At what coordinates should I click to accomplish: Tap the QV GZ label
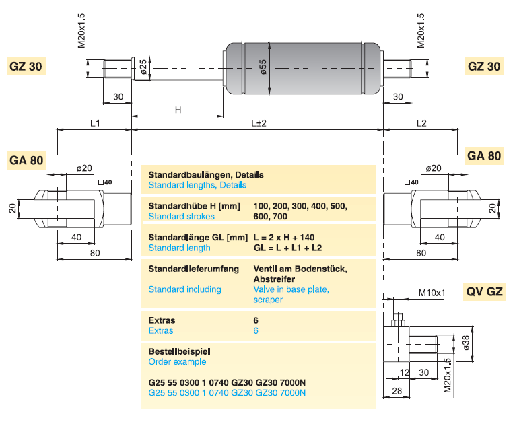(x=484, y=292)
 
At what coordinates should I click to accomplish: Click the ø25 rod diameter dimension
(x=143, y=66)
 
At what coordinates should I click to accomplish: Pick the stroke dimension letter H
(x=178, y=110)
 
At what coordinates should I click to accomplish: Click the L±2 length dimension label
(x=259, y=123)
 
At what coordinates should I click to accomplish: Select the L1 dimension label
(x=95, y=123)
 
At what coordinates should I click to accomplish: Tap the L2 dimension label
(x=421, y=123)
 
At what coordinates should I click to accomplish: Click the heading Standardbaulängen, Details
(x=205, y=174)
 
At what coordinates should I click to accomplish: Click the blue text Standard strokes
(x=181, y=216)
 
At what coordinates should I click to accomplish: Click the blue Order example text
(x=177, y=361)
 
